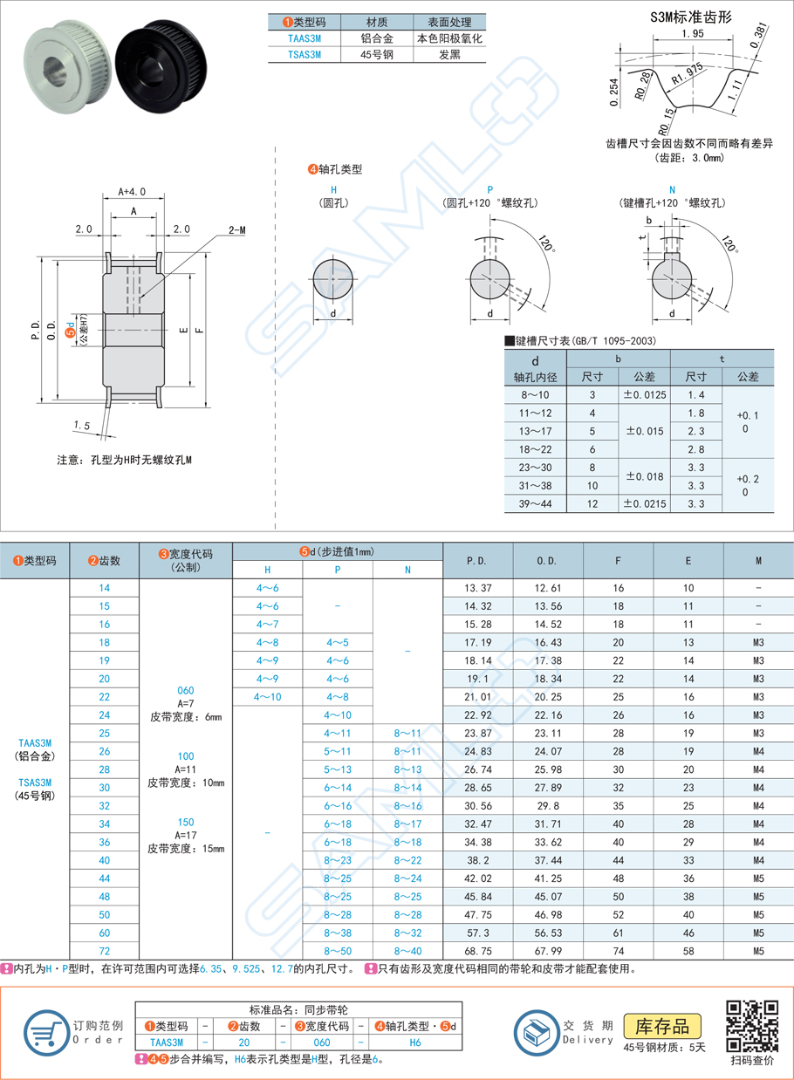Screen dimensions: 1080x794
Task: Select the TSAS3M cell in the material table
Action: coord(304,54)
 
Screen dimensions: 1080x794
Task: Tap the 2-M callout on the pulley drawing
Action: coord(236,229)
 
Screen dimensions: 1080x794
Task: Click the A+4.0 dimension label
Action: coord(133,192)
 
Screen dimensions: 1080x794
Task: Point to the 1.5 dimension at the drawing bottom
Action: coord(83,425)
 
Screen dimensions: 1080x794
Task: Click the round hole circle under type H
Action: coord(332,279)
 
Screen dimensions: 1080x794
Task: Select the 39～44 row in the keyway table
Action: coord(534,504)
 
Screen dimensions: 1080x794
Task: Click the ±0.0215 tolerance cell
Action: coord(644,504)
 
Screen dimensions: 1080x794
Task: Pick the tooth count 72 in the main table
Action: coord(105,950)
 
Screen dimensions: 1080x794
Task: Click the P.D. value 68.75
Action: coord(477,950)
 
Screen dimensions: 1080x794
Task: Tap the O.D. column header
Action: coord(547,561)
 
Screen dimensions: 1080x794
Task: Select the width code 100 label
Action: coord(185,756)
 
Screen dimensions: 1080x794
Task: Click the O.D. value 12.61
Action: coord(547,588)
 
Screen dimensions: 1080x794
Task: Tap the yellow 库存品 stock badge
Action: coord(662,1026)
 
